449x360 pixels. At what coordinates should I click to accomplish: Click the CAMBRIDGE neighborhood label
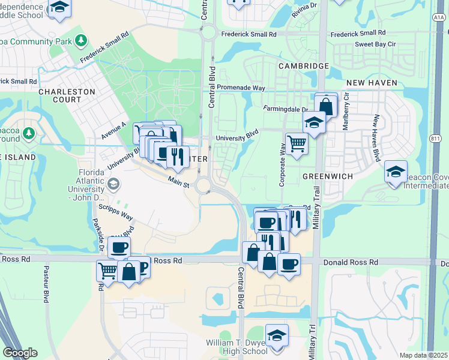tap(303, 65)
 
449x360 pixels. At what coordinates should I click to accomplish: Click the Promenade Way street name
tap(241, 88)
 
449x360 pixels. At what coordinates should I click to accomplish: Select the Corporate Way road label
tap(282, 164)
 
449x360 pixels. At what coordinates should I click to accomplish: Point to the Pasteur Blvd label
tap(46, 284)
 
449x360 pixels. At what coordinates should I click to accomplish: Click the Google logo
tap(20, 352)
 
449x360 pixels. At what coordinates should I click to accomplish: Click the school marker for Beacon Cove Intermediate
tap(396, 172)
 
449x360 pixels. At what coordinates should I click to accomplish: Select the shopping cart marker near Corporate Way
tap(297, 144)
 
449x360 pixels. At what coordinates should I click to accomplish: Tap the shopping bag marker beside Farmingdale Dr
tap(326, 106)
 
